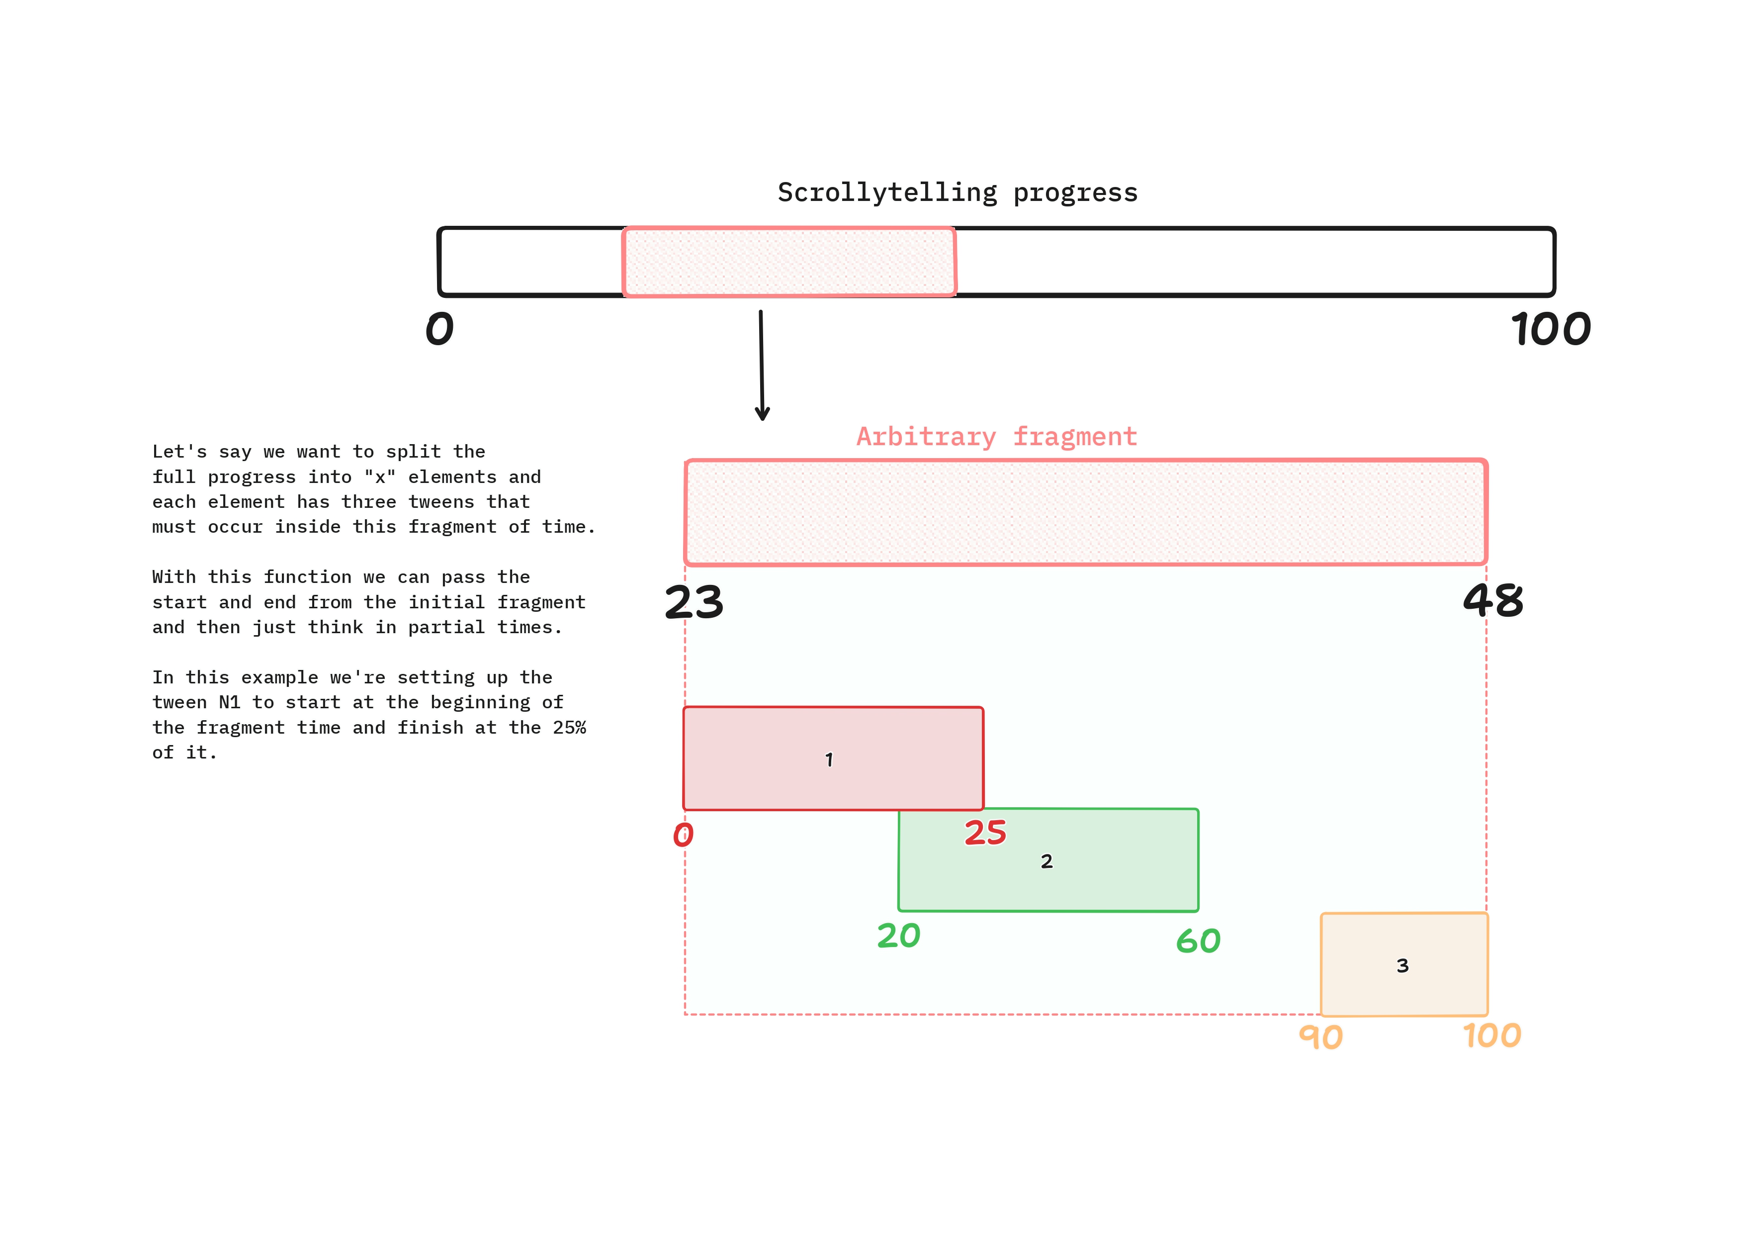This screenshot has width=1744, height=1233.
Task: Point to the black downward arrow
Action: [x=761, y=365]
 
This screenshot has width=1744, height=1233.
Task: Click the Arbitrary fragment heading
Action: [x=997, y=437]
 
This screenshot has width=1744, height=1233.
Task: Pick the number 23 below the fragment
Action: [x=694, y=602]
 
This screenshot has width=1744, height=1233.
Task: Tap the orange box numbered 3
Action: [x=1404, y=965]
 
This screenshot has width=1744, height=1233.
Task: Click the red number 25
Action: [x=985, y=833]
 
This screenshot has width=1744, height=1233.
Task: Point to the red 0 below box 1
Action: [x=683, y=835]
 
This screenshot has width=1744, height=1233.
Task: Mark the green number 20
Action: [x=898, y=936]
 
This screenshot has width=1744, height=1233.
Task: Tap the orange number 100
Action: [x=1492, y=1036]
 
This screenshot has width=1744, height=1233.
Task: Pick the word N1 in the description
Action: [x=229, y=703]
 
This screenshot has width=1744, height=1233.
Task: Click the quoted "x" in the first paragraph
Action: [x=380, y=477]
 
